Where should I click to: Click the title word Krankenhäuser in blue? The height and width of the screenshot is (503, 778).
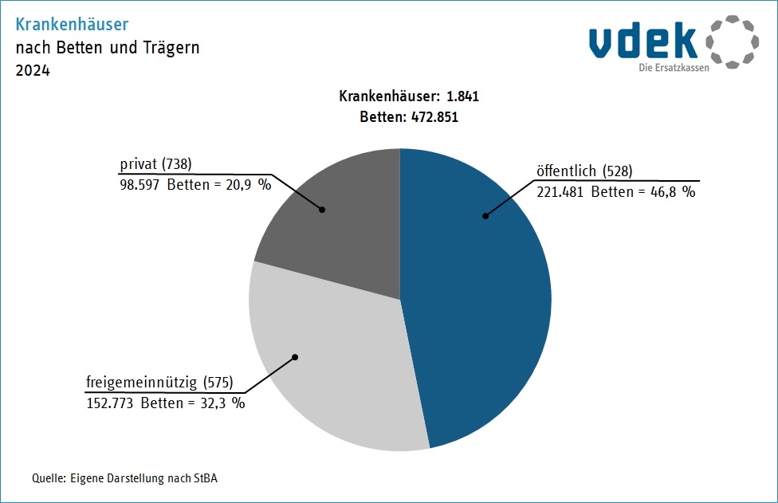click(72, 25)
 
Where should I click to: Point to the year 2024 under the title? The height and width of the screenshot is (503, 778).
click(33, 71)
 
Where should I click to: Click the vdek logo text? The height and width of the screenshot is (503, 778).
click(642, 41)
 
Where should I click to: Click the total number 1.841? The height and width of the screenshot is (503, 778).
click(462, 96)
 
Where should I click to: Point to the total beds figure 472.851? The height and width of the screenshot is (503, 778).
click(434, 116)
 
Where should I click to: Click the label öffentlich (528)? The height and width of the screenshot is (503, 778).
click(584, 171)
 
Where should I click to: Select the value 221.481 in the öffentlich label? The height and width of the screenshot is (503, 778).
click(560, 191)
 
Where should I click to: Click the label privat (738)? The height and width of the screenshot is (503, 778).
click(156, 164)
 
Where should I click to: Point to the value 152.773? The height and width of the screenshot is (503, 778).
click(110, 403)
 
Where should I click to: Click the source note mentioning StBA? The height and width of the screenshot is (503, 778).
click(124, 478)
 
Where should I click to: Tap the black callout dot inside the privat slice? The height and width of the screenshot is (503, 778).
click(323, 210)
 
